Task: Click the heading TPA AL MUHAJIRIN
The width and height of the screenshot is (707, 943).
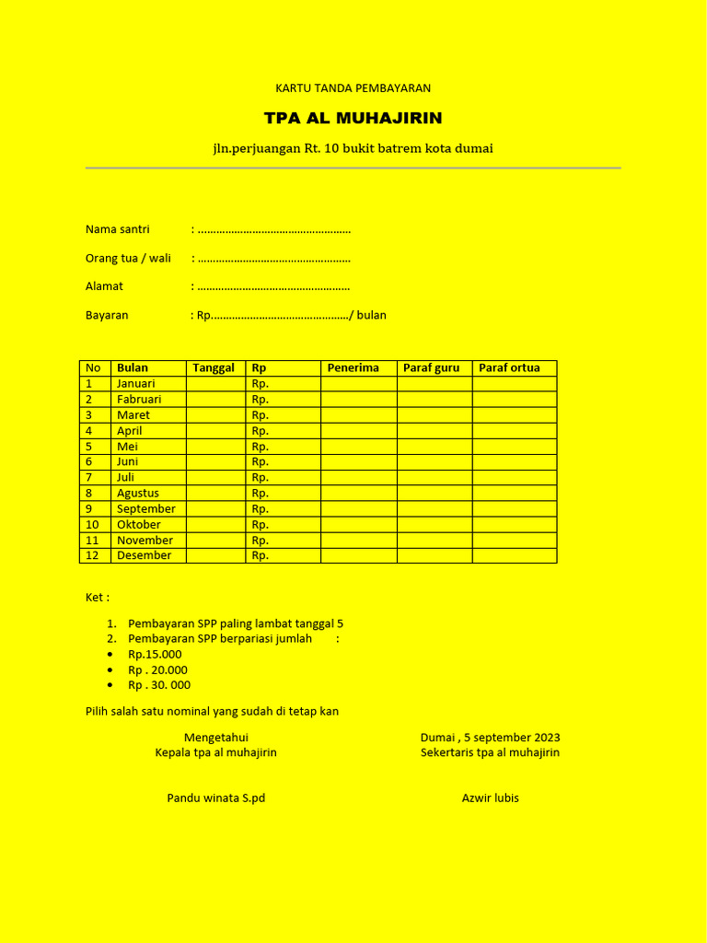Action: (x=353, y=118)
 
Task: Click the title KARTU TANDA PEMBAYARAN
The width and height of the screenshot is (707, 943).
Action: (x=353, y=88)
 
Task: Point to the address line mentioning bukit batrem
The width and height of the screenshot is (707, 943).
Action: (x=353, y=148)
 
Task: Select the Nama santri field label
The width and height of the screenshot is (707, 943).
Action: (x=118, y=229)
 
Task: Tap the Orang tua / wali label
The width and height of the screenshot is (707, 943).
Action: (x=128, y=258)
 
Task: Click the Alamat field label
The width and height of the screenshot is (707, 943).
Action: (x=104, y=286)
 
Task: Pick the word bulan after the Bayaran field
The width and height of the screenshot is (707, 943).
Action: (x=371, y=315)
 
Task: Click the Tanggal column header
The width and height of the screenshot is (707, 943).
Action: (x=214, y=368)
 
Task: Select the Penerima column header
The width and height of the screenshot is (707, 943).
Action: (x=353, y=368)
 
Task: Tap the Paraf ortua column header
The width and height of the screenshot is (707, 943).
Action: (x=509, y=368)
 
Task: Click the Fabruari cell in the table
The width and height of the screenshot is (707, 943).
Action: (x=139, y=400)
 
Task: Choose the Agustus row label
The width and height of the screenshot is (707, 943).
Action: (x=138, y=494)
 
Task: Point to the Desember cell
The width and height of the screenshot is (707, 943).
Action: (x=144, y=556)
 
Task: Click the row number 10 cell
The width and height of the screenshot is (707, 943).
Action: (x=92, y=525)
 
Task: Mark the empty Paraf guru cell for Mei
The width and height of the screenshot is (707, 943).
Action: (x=435, y=447)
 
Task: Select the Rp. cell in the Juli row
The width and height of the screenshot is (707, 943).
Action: (x=261, y=478)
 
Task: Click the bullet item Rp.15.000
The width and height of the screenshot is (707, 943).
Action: (x=155, y=655)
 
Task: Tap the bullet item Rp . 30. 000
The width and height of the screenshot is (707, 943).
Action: (x=159, y=685)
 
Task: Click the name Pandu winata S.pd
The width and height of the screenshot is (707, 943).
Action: (x=215, y=798)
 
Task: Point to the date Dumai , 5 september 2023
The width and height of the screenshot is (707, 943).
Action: (x=490, y=738)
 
